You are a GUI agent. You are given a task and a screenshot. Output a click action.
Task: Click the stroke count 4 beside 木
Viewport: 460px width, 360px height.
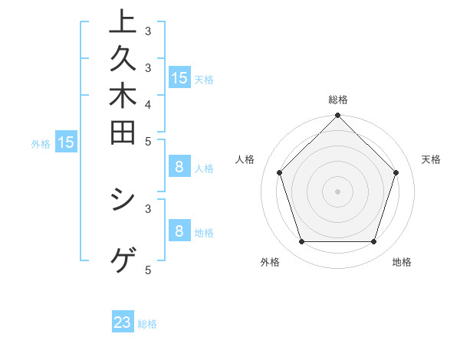pyautogui.click(x=148, y=103)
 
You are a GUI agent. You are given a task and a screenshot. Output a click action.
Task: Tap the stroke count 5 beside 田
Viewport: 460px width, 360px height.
pyautogui.click(x=148, y=141)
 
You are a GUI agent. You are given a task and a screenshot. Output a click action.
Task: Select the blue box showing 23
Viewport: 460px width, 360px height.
pyautogui.click(x=123, y=322)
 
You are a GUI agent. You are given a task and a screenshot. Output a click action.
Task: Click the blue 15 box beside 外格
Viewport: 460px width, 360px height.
pyautogui.click(x=66, y=142)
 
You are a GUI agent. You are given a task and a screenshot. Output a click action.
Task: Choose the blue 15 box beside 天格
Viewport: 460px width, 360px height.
pyautogui.click(x=179, y=77)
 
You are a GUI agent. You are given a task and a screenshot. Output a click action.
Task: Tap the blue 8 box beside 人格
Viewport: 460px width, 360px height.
pyautogui.click(x=179, y=168)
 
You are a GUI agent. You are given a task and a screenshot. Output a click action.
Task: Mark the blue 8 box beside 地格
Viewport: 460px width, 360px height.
pyautogui.click(x=179, y=231)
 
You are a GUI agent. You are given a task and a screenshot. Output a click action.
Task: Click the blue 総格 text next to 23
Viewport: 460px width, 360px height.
pyautogui.click(x=148, y=324)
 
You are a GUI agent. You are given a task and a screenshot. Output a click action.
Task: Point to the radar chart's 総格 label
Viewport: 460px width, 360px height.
pyautogui.click(x=338, y=100)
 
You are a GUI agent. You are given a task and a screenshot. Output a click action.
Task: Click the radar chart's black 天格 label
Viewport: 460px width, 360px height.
pyautogui.click(x=431, y=159)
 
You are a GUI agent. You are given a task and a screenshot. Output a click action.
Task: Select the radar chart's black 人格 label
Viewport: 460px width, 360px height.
pyautogui.click(x=245, y=159)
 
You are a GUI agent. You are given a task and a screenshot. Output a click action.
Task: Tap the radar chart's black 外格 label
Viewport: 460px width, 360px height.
pyautogui.click(x=270, y=262)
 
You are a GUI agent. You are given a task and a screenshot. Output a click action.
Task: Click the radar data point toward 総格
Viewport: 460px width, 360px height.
pyautogui.click(x=338, y=116)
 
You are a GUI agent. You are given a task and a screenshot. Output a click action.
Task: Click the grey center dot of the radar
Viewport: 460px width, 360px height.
pyautogui.click(x=338, y=191)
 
